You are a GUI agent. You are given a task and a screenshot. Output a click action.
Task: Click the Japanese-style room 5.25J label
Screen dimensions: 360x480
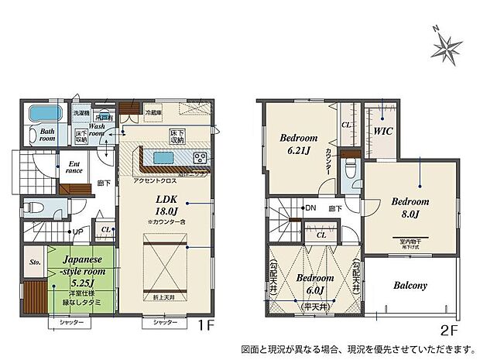[x=81, y=267]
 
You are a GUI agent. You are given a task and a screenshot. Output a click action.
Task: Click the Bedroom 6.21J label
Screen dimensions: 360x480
[x=296, y=144]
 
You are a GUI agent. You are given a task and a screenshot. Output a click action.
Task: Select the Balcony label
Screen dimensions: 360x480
[x=410, y=285]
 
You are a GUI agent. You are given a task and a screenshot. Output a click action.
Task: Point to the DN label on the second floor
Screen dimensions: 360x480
[x=310, y=208]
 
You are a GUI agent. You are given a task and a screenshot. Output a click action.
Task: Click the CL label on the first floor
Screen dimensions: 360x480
[x=105, y=229]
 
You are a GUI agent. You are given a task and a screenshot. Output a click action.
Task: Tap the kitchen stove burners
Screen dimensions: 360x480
[x=199, y=158]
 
